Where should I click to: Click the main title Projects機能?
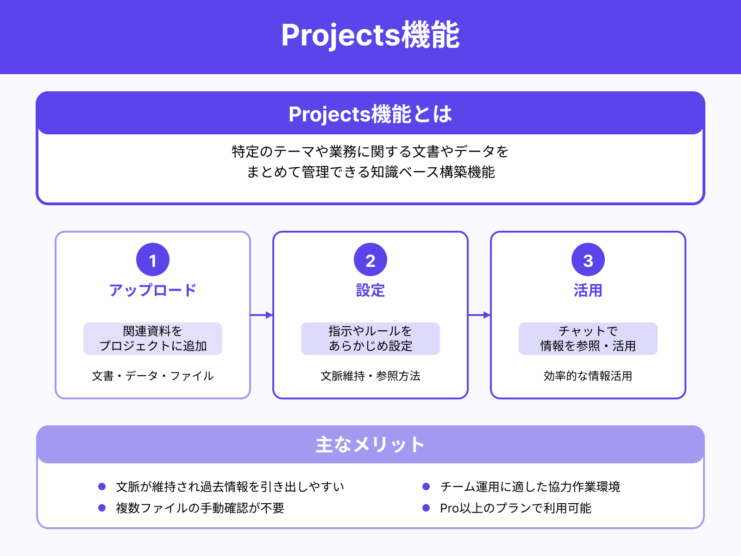370,35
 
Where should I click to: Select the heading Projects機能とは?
370,114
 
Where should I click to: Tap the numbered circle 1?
153,260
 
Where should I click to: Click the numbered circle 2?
370,260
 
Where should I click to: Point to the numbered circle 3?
588,260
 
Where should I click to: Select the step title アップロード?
153,291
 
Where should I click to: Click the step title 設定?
370,291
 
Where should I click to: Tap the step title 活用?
588,291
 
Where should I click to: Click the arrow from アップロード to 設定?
262,315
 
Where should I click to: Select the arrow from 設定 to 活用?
479,315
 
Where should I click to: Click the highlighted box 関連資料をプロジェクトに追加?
153,339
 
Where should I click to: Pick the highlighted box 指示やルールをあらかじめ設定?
370,339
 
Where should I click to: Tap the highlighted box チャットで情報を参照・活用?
588,339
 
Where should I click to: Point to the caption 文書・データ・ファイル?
153,376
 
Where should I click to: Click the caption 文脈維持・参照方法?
370,376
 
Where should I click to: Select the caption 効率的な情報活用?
588,376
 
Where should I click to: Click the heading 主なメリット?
370,445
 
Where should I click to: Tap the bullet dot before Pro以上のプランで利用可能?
426,508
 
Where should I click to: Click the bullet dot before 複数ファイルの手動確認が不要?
102,508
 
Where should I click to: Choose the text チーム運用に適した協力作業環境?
530,487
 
